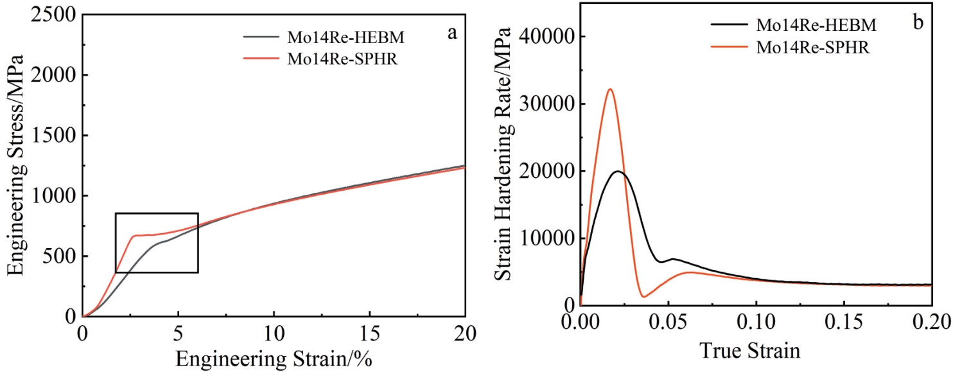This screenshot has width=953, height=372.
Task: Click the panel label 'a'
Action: pos(451,33)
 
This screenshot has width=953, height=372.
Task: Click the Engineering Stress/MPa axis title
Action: pos(15,165)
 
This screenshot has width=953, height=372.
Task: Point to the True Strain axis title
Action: pos(756,351)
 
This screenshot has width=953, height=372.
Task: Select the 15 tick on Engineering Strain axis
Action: pos(369,332)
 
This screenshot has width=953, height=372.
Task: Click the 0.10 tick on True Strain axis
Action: pos(756,322)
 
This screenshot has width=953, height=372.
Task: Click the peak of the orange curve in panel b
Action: pos(610,89)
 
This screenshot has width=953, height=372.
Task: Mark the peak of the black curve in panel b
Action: pos(618,171)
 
